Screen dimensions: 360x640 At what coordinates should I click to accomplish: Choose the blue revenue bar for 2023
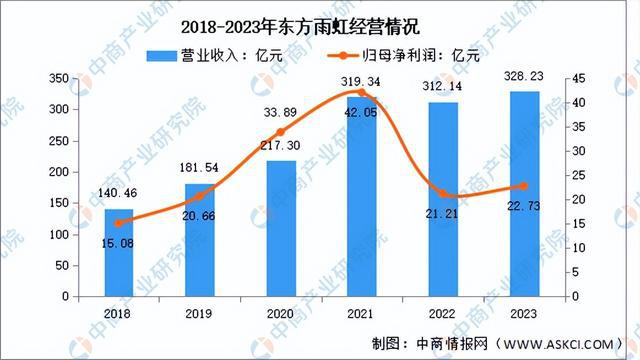pyautogui.click(x=523, y=194)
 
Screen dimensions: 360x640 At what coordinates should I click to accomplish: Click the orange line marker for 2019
pyautogui.click(x=200, y=197)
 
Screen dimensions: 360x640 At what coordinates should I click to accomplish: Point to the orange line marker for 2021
pyautogui.click(x=362, y=93)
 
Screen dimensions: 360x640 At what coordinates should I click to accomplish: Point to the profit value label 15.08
pyautogui.click(x=119, y=240)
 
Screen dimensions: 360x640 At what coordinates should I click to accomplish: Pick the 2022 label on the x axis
pyautogui.click(x=443, y=312)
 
